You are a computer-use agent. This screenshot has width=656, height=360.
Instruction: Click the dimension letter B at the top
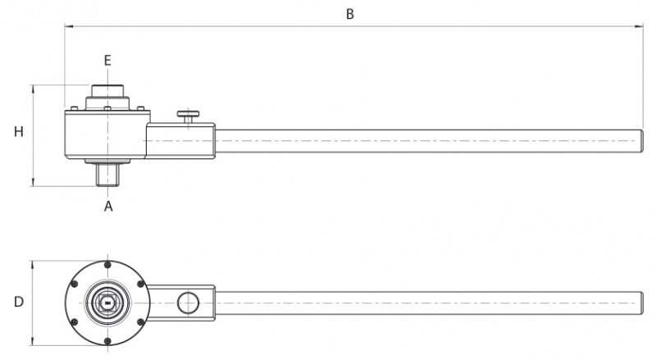(350, 14)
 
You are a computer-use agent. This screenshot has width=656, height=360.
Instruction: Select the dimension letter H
(19, 132)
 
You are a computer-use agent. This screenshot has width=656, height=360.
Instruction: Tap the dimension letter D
(19, 302)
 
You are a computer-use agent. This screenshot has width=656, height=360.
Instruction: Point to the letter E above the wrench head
(107, 61)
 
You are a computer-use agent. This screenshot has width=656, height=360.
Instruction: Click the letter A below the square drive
(108, 206)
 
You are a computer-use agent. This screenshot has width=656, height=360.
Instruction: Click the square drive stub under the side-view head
(107, 175)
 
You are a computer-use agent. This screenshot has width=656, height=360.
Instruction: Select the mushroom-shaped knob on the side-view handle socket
(189, 116)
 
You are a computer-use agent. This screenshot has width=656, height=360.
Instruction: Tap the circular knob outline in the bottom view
(189, 303)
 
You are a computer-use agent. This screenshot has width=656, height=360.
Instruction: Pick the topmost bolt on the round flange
(108, 265)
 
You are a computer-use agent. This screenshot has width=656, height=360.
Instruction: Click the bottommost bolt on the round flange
(108, 341)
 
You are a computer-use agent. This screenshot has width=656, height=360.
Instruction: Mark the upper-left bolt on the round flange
(75, 285)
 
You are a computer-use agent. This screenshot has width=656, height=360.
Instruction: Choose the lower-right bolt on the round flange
(141, 322)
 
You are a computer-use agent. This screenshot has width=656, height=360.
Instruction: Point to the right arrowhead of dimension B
(639, 26)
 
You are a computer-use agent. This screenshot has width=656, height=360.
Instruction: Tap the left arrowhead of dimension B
(69, 26)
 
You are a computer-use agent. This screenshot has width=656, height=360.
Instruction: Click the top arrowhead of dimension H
(33, 89)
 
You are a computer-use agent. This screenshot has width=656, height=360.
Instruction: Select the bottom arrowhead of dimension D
(33, 341)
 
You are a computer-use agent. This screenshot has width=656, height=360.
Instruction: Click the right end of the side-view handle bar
(643, 141)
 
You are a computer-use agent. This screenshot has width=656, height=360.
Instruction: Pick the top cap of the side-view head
(107, 91)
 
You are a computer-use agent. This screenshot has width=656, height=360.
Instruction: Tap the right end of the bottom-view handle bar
(643, 303)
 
